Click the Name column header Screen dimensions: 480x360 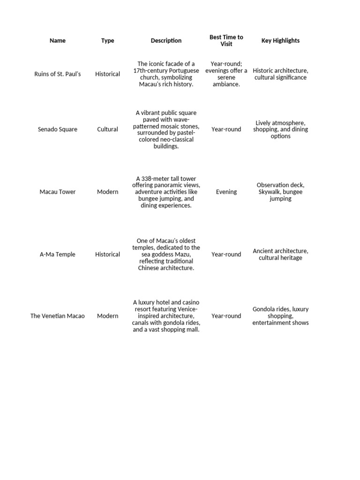point(58,41)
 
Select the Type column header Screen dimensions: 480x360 point(107,41)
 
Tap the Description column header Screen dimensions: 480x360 point(166,41)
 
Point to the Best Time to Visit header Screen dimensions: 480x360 point(226,41)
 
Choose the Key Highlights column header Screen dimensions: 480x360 point(280,41)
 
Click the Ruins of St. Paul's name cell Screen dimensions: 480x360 point(58,74)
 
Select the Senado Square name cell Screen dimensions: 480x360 point(58,129)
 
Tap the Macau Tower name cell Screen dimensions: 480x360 point(58,192)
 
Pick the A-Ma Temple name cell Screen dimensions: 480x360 point(58,255)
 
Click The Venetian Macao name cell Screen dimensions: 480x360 point(58,316)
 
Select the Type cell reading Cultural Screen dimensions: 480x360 point(107,129)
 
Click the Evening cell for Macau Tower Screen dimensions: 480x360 point(226,192)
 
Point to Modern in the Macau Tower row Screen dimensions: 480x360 point(107,192)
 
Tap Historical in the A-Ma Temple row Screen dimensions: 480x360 point(107,255)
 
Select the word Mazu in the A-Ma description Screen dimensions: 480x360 point(185,255)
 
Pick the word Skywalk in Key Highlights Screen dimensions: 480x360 point(269,192)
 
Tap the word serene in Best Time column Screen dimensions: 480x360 point(226,77)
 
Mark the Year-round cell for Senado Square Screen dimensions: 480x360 point(226,129)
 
